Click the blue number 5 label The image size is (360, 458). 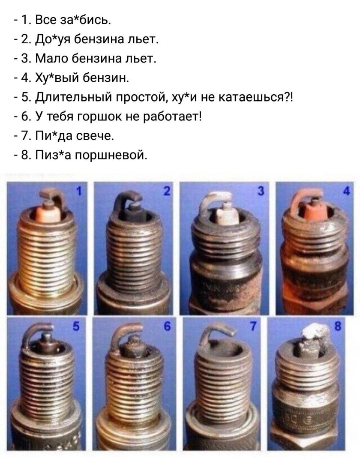(78, 327)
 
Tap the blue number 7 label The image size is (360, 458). (254, 327)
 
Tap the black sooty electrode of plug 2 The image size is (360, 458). (129, 198)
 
